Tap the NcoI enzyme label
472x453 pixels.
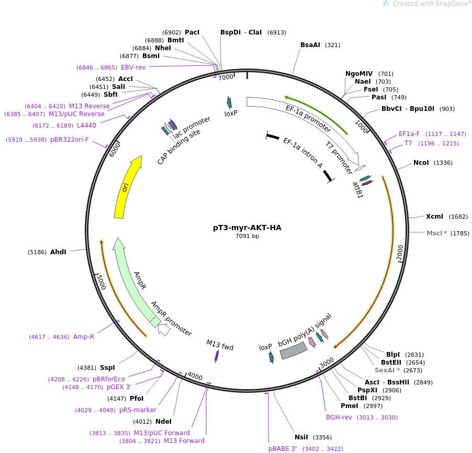tap(421, 163)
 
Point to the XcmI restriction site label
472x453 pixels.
tap(434, 217)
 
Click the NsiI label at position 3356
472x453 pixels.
tap(301, 437)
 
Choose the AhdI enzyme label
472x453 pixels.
tap(58, 252)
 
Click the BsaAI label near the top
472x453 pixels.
tap(310, 45)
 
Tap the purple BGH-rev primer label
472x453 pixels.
tap(340, 417)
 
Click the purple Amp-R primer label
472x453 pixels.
tap(84, 337)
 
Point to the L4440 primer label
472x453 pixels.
tap(86, 126)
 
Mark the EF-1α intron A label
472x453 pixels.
tap(302, 153)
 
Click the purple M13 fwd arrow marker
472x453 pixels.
tap(217, 356)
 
